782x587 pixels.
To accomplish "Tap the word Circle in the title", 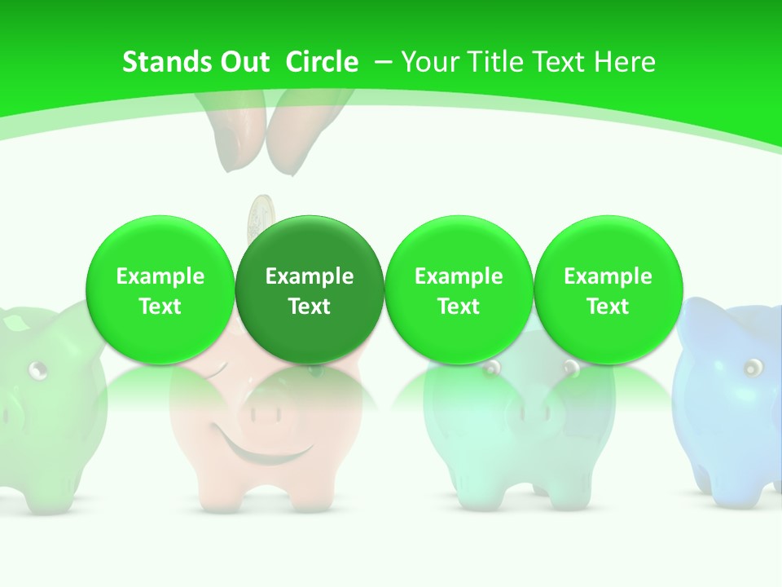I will click(322, 62).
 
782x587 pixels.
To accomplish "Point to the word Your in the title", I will click(429, 62).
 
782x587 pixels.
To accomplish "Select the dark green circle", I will click(310, 290).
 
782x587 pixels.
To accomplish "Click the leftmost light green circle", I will click(160, 290).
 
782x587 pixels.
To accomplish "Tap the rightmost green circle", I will click(608, 290).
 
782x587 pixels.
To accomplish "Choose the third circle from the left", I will click(459, 290).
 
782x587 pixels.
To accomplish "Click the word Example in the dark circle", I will click(310, 276).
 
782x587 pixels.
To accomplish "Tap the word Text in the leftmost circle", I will click(160, 307).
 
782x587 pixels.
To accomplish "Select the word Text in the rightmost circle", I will click(608, 307).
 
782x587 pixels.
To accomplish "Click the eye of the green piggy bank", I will click(37, 371).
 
